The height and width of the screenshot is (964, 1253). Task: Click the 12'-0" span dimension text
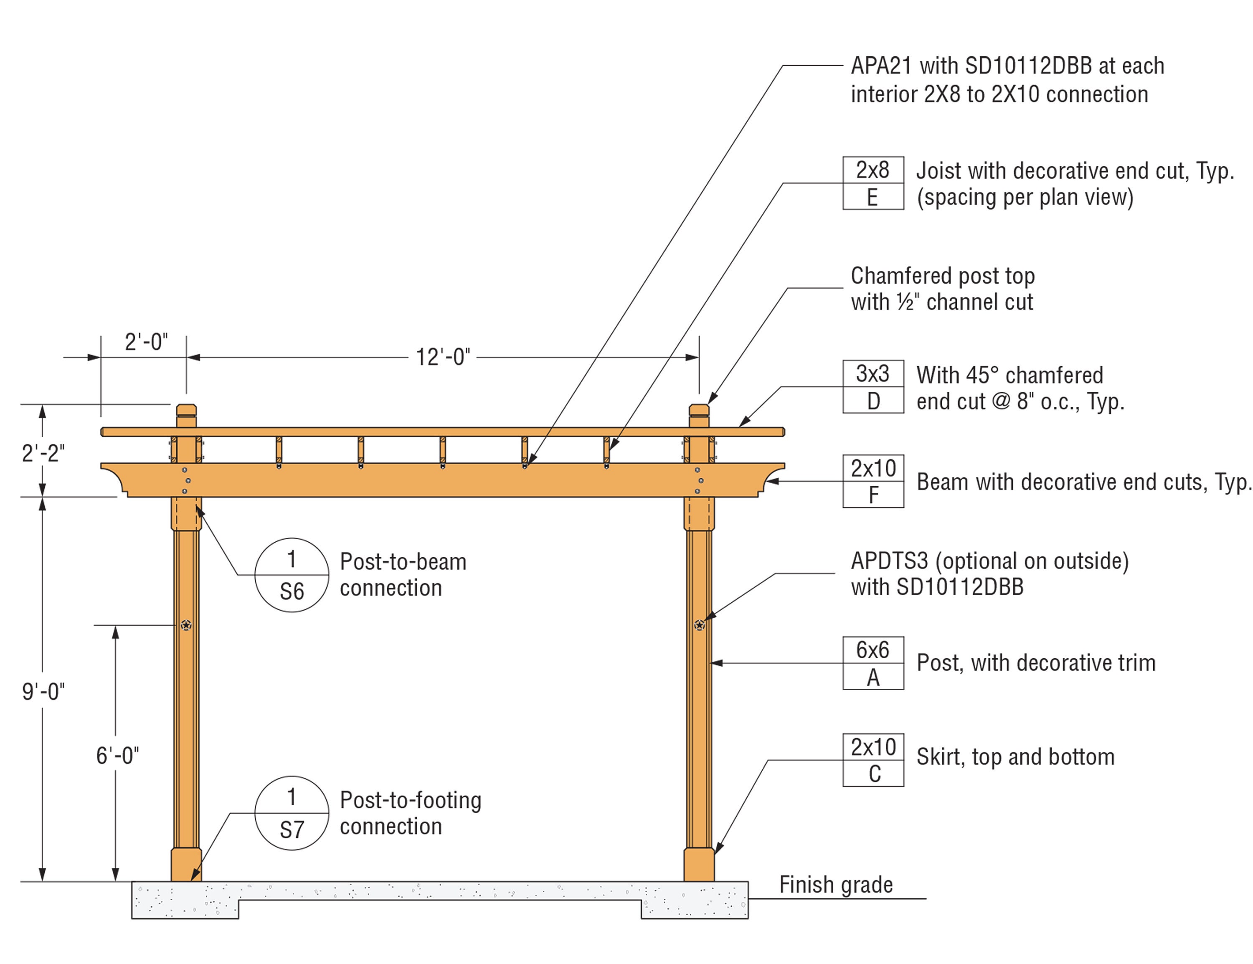[442, 357]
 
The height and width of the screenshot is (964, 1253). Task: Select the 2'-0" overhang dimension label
[146, 342]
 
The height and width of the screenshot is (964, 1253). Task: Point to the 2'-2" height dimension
[43, 453]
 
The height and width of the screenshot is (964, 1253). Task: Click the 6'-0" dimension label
[117, 756]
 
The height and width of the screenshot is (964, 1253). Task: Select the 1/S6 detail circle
[292, 575]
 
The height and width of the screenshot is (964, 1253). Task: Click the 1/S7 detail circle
[292, 813]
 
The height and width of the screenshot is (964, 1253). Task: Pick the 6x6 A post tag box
[873, 663]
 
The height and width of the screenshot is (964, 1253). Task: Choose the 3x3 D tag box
[873, 387]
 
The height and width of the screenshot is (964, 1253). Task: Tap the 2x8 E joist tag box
[873, 183]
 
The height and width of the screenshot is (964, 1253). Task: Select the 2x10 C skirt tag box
[873, 760]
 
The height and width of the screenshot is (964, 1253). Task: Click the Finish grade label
[835, 885]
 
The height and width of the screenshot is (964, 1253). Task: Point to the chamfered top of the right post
[699, 410]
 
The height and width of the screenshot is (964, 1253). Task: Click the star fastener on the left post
[186, 625]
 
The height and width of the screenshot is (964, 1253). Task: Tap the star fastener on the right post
[699, 625]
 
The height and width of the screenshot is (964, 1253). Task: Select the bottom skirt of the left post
[186, 865]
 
